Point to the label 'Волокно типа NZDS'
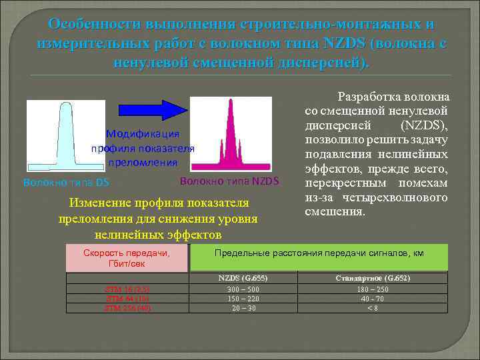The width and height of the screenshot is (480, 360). click(x=229, y=181)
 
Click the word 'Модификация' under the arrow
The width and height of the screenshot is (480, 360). click(x=142, y=135)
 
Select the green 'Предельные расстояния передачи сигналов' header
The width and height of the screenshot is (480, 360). click(x=319, y=253)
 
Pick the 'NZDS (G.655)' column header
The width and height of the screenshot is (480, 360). click(x=243, y=278)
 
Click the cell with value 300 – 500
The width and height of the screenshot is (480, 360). click(x=243, y=289)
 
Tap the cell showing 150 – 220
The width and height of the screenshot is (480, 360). click(x=243, y=299)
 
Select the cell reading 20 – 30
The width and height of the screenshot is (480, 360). click(x=243, y=308)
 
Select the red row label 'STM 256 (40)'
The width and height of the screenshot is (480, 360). click(x=127, y=308)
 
